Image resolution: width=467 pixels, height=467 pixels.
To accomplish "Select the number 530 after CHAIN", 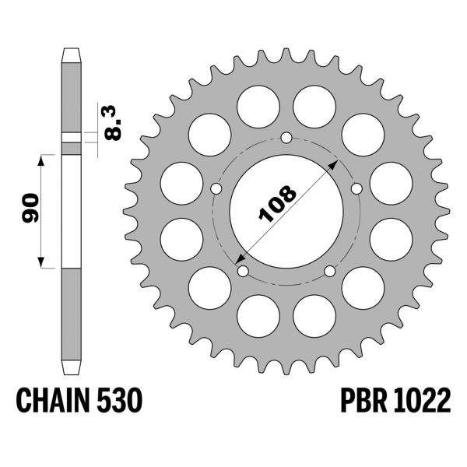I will pyautogui.click(x=119, y=402).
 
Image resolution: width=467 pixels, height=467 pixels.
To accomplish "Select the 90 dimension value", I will pyautogui.click(x=29, y=211).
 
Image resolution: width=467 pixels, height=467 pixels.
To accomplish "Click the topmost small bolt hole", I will pyautogui.click(x=286, y=139).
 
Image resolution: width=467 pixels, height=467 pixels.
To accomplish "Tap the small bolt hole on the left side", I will pyautogui.click(x=217, y=188).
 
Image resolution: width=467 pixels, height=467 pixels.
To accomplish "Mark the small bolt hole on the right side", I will pyautogui.click(x=356, y=188).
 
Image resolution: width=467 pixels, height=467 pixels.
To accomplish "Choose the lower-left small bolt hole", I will pyautogui.click(x=244, y=271).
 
